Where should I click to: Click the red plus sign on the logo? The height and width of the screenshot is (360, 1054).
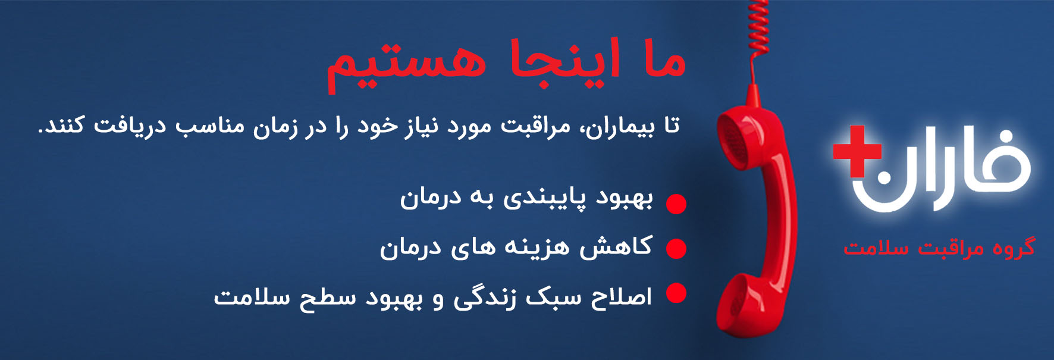point(857,151)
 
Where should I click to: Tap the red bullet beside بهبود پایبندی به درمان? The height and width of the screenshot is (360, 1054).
point(676,204)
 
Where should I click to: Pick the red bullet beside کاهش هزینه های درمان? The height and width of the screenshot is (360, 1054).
point(676,248)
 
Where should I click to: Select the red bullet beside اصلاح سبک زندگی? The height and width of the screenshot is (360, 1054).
point(676,293)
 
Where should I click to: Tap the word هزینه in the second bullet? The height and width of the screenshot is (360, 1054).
point(537,247)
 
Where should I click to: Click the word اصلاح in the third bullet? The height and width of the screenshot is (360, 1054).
point(621,296)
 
